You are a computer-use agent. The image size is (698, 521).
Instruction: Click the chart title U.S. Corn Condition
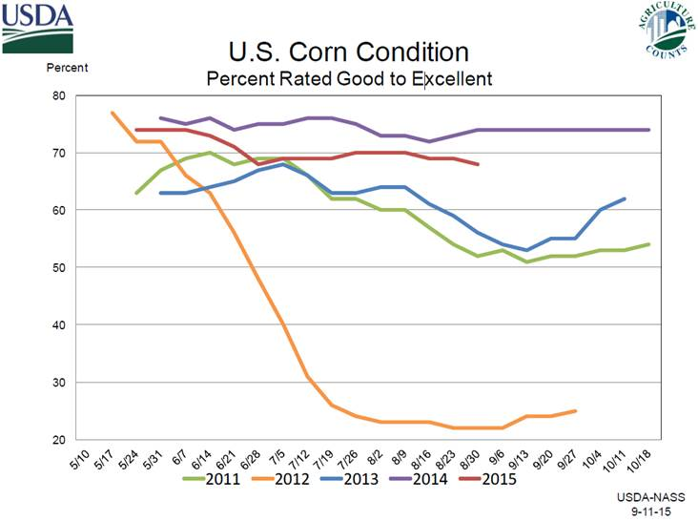click(x=349, y=52)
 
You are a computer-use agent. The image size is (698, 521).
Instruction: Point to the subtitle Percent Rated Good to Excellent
click(x=349, y=78)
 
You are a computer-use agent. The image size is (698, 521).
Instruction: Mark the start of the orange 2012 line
click(x=113, y=113)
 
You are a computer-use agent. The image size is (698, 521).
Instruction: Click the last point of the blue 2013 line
click(x=625, y=198)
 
